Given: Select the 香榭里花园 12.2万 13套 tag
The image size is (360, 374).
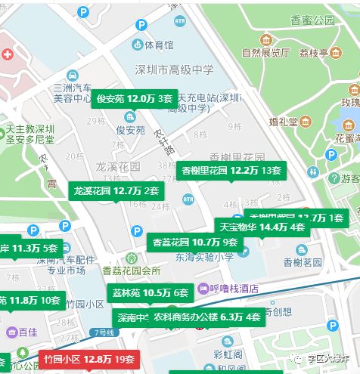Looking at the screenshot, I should [231, 171].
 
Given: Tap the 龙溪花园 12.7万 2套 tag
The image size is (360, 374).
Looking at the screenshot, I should [116, 191].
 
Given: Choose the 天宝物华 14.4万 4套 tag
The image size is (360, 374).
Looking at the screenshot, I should [262, 227].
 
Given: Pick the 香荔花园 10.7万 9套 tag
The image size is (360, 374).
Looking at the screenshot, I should [195, 243].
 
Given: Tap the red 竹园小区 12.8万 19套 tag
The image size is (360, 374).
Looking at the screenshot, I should [89, 359].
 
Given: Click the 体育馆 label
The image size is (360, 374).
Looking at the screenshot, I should [159, 45].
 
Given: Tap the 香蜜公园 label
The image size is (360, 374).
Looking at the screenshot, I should [314, 20].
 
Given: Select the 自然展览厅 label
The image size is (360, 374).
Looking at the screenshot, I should [265, 53].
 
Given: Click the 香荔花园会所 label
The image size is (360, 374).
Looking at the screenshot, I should [131, 270].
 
